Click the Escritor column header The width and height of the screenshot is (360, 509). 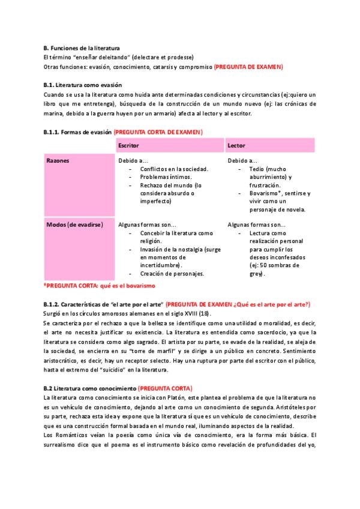point(130,146)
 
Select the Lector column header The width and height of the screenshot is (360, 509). point(236,146)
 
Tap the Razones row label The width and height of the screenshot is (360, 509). point(58,161)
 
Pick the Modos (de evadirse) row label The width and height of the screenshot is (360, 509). point(74,224)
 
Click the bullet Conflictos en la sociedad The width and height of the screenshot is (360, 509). point(174,169)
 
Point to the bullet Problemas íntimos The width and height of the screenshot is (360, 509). point(166,177)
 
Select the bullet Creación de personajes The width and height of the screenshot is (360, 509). point(172,273)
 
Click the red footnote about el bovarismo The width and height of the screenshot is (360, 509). point(100,286)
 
